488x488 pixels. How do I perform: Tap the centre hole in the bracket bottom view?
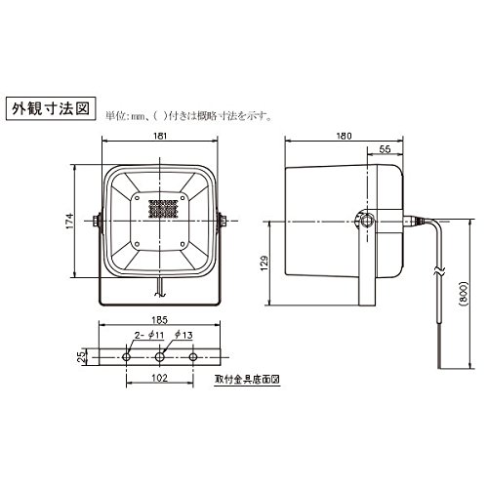159,357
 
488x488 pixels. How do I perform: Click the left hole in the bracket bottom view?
126,357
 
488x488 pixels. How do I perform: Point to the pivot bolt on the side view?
367,220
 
